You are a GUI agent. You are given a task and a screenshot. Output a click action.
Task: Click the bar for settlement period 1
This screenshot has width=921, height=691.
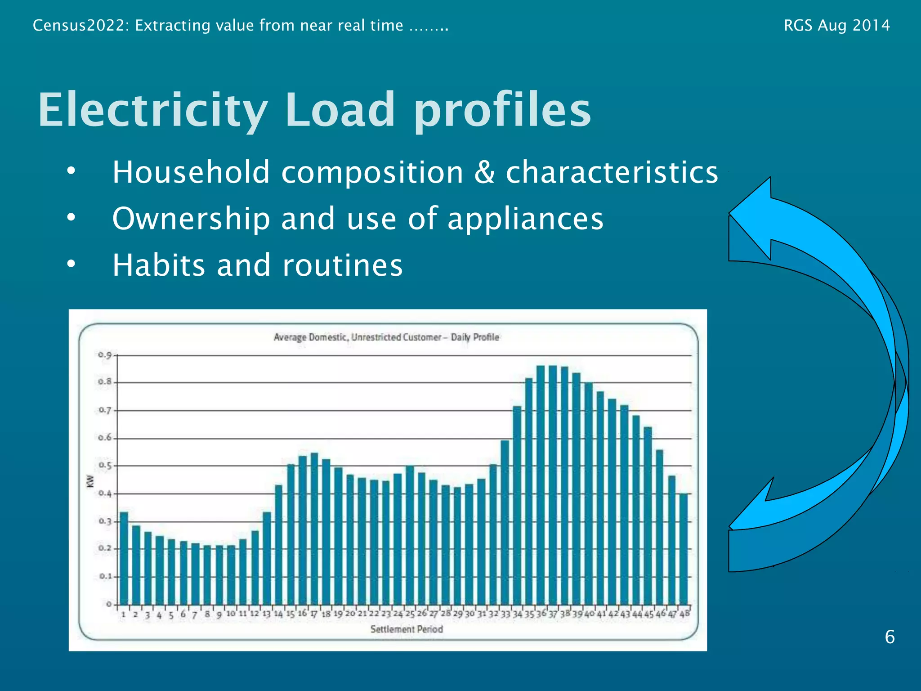pos(124,558)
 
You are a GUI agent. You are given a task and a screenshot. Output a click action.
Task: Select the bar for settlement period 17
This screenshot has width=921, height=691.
pos(314,529)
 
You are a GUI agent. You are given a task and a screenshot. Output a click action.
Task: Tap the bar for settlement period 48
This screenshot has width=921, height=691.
pos(684,549)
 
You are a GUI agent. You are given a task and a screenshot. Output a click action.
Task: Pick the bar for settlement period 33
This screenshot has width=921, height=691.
pos(505,522)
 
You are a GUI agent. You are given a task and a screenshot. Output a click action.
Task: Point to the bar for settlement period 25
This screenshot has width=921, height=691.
pos(410,535)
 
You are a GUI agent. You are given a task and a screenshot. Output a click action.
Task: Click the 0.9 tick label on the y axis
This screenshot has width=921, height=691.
pos(105,355)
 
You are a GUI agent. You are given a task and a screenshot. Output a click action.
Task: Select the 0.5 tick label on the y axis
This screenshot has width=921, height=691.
pos(105,466)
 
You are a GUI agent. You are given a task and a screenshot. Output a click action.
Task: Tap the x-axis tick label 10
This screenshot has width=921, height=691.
pos(231,614)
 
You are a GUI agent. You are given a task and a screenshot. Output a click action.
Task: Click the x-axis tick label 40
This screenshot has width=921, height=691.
pos(589,614)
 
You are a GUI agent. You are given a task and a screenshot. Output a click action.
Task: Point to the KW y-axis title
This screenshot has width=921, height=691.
pos(90,481)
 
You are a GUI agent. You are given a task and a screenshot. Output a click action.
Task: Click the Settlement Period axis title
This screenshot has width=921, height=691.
pos(407,629)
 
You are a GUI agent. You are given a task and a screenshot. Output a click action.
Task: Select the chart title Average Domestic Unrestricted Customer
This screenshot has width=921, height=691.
pos(386,337)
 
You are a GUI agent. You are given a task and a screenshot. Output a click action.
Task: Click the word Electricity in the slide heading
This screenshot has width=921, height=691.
pos(153,110)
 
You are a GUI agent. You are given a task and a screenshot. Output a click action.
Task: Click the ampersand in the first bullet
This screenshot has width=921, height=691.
pos(484,172)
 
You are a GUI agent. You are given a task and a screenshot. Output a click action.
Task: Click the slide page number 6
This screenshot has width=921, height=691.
pos(890,637)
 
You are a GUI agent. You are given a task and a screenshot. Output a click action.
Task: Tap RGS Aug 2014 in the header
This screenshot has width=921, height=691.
pos(836,25)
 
